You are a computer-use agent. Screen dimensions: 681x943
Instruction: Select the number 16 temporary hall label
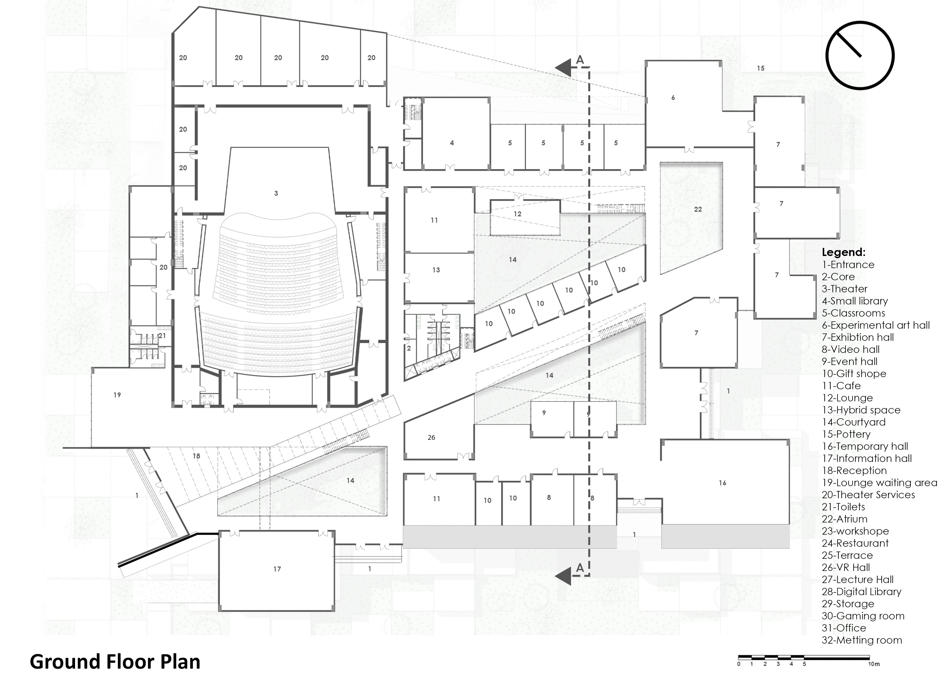722,483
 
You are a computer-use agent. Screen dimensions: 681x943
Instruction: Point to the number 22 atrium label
698,209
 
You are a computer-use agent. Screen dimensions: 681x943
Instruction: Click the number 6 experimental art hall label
673,98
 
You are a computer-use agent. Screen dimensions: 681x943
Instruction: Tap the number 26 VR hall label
431,437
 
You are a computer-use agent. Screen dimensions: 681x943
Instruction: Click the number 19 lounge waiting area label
117,395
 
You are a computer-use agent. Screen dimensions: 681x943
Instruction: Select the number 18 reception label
196,456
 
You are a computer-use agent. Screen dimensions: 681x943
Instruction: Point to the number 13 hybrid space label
436,270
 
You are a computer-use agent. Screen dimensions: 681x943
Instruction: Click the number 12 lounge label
517,214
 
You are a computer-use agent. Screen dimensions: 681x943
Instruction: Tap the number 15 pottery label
760,68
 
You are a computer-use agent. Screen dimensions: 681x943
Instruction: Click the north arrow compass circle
860,55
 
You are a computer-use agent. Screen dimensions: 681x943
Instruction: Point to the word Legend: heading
844,252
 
